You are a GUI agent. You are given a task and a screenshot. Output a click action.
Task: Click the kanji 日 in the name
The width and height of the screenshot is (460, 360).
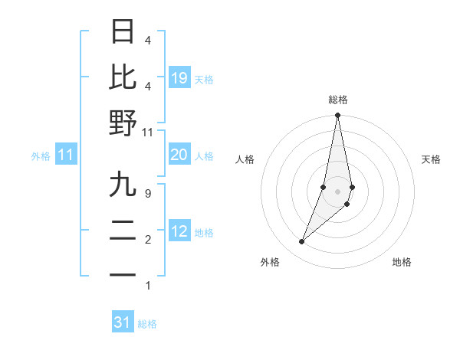[x=123, y=32]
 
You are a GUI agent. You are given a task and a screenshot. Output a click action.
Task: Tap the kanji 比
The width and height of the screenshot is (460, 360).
[x=123, y=77]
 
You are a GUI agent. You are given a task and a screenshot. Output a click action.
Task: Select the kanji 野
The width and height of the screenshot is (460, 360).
[x=123, y=123]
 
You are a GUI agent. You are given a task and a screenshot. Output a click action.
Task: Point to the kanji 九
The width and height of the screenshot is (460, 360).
[x=123, y=185]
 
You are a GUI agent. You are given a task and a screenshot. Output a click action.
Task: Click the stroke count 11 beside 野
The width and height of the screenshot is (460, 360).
[x=147, y=132]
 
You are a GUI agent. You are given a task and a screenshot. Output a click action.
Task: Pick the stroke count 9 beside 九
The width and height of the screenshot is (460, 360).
[x=147, y=194]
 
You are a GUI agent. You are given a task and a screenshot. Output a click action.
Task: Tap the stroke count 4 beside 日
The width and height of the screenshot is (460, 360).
[x=147, y=40]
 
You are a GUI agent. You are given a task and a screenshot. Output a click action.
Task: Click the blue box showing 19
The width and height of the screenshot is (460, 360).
[x=179, y=77]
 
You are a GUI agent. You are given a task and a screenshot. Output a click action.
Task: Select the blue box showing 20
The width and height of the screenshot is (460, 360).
[x=179, y=155]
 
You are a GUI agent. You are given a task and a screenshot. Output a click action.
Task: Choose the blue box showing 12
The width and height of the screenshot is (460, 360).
[x=179, y=231]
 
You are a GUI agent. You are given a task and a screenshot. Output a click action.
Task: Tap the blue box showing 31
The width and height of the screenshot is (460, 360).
[x=123, y=322]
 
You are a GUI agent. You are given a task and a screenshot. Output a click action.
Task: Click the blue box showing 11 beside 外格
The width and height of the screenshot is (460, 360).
[x=66, y=155]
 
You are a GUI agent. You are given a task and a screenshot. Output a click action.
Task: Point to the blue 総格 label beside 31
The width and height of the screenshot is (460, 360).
[x=147, y=324]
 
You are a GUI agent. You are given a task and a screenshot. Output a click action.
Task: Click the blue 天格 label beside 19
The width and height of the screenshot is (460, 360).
[x=204, y=79]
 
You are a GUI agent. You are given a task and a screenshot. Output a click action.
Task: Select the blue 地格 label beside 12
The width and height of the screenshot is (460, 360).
[x=204, y=233]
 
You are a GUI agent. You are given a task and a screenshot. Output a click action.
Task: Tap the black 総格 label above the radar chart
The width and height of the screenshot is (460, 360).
[x=338, y=100]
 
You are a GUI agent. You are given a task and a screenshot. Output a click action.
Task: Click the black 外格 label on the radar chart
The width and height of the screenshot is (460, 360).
[x=270, y=262]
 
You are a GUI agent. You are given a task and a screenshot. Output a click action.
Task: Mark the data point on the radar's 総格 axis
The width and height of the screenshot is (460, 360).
[x=338, y=116]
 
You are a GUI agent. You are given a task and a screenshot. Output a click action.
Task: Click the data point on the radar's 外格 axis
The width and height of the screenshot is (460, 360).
[x=302, y=242]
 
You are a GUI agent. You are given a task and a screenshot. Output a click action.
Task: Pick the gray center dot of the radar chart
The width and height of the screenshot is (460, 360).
[x=338, y=191]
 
